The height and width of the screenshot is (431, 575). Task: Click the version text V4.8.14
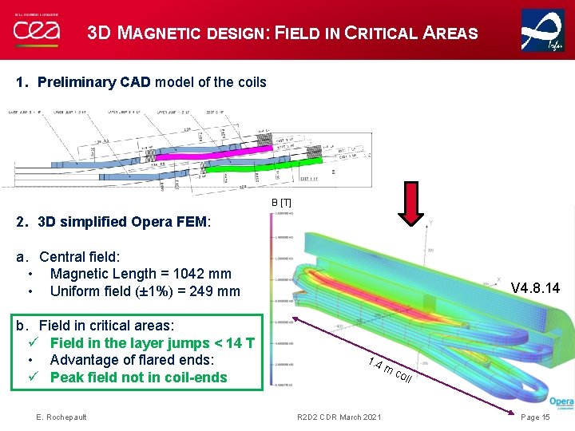[x=535, y=287]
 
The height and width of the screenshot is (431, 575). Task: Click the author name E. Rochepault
[x=61, y=417]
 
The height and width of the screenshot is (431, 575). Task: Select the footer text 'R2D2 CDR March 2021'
[x=339, y=417]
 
